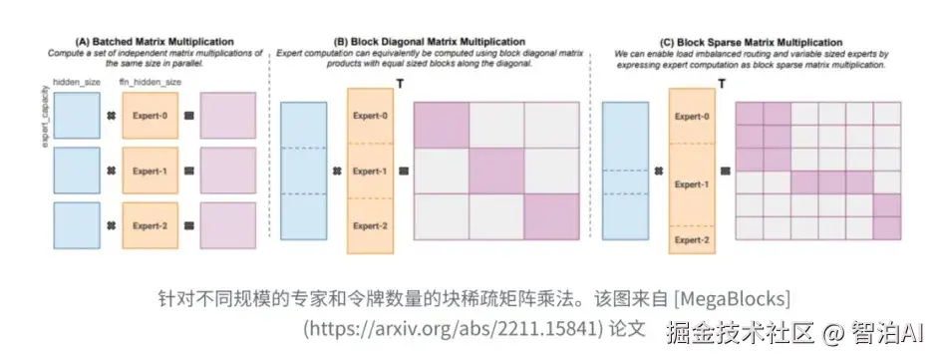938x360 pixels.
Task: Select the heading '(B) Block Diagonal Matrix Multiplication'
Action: click(x=434, y=41)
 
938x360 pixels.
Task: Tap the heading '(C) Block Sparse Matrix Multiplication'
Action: click(x=759, y=41)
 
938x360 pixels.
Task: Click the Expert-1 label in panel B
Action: click(x=370, y=171)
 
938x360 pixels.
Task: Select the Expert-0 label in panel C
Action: click(x=693, y=116)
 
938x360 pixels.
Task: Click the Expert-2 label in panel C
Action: click(x=693, y=240)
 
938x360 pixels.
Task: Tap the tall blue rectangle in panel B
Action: click(x=304, y=171)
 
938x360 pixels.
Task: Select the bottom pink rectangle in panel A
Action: click(x=227, y=226)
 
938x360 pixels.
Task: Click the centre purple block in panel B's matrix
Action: click(x=496, y=172)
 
